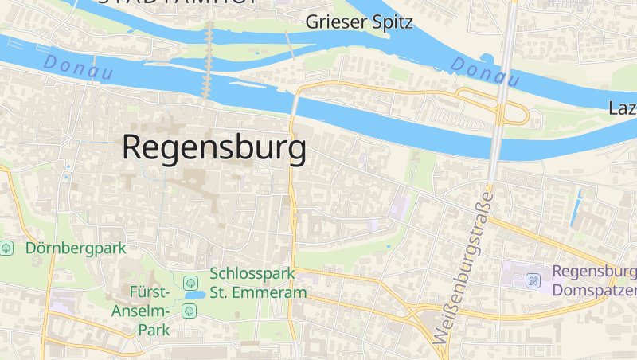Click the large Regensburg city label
click(213, 148)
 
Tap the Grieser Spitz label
click(359, 22)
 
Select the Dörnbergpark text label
click(76, 248)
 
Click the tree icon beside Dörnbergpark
click(7, 248)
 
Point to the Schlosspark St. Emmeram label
click(258, 283)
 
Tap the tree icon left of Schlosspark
click(190, 282)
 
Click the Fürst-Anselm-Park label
click(142, 311)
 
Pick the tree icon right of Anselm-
click(189, 311)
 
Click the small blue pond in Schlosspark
click(193, 295)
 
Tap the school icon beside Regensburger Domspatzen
click(533, 280)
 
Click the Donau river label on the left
click(78, 67)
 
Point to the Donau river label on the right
click(486, 72)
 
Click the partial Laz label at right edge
click(622, 108)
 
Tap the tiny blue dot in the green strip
click(389, 247)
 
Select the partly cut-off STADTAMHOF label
click(175, 2)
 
